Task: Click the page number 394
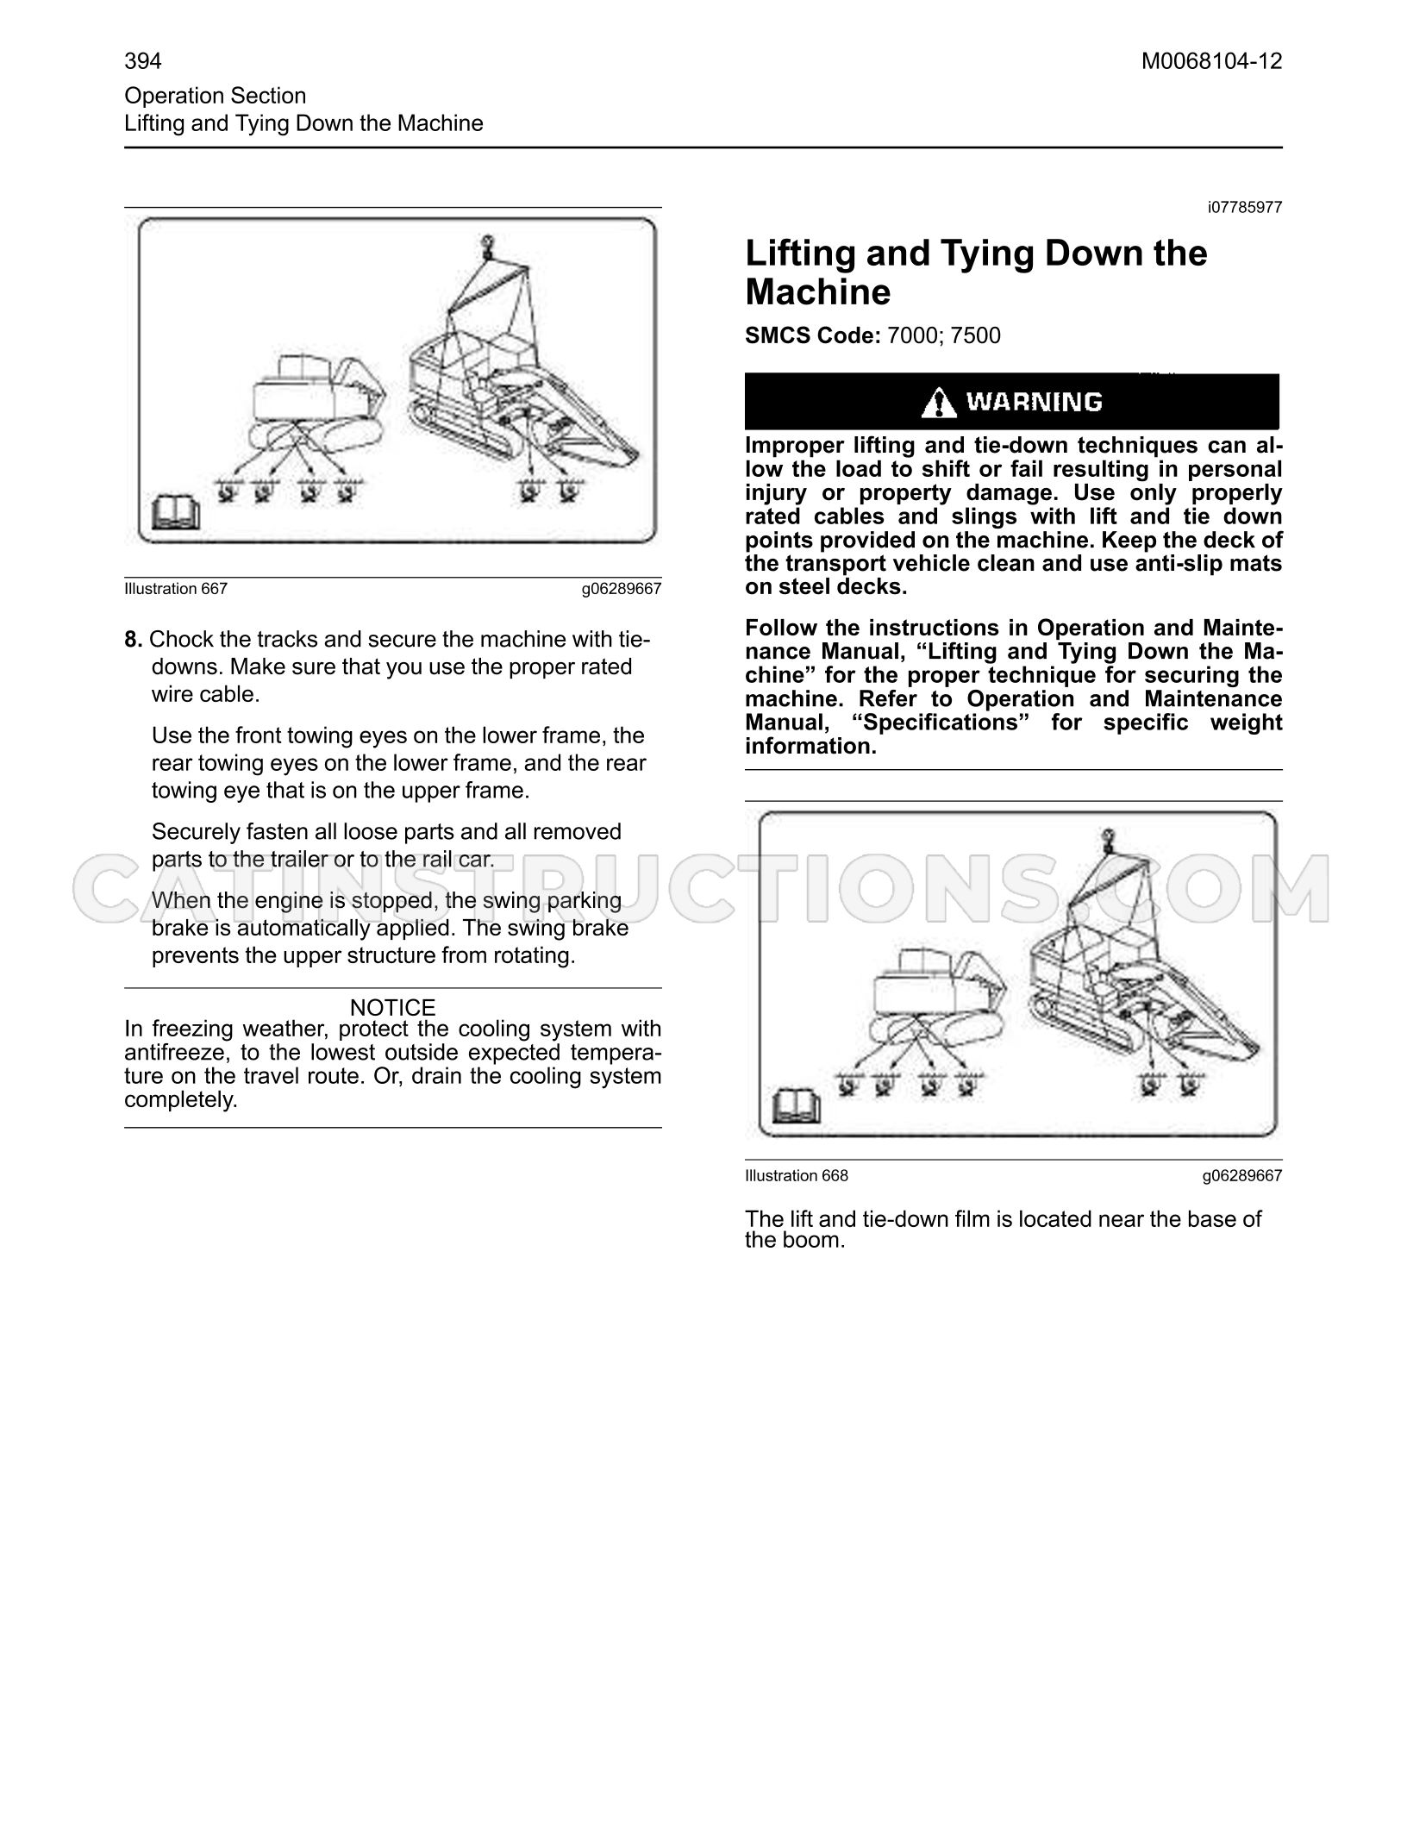[x=143, y=61]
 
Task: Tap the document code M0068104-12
[x=1211, y=61]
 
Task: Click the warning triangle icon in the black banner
[x=939, y=403]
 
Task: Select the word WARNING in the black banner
[x=1034, y=402]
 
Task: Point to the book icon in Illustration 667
[x=176, y=513]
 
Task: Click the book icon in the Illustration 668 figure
[x=797, y=1107]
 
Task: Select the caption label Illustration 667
[x=176, y=589]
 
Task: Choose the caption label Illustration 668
[x=797, y=1176]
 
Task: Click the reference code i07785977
[x=1245, y=208]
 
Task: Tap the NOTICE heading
[x=393, y=1007]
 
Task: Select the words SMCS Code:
[x=812, y=335]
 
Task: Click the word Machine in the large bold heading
[x=818, y=292]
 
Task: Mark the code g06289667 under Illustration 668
[x=1242, y=1176]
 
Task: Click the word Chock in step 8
[x=179, y=640]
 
